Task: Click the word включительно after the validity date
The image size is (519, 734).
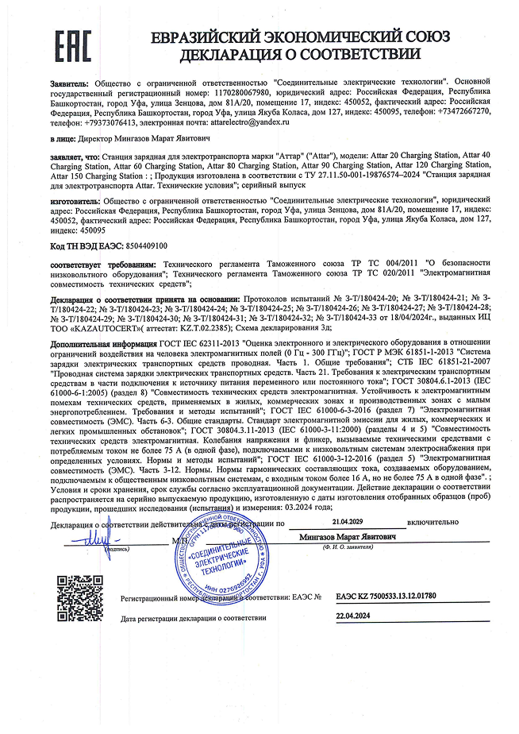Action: [434, 524]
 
